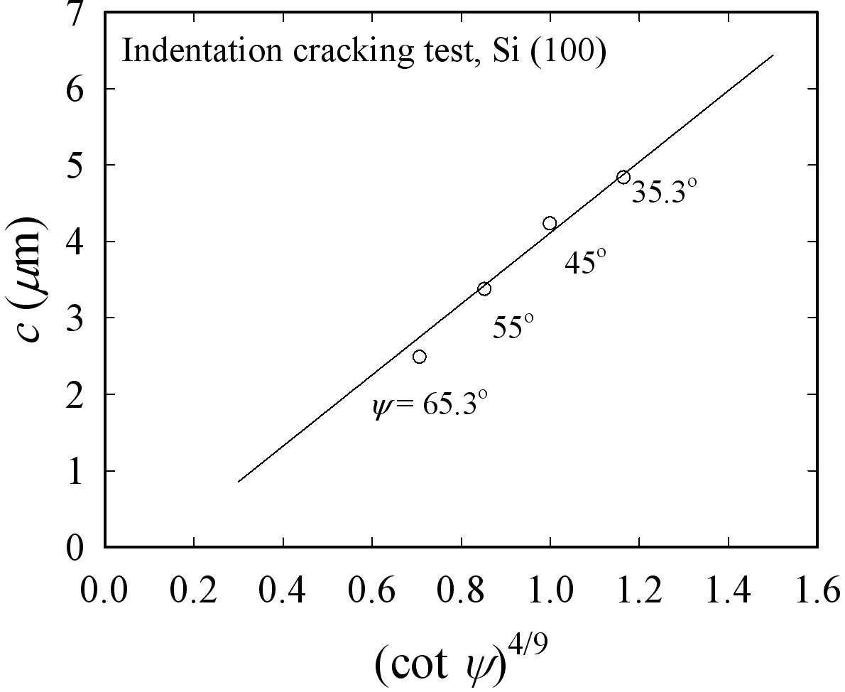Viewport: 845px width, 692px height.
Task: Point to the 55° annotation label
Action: click(x=513, y=326)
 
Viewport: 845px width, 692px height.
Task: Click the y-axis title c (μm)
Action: click(x=26, y=279)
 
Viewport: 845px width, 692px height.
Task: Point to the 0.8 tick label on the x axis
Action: click(x=461, y=590)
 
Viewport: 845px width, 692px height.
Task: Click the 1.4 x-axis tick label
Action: click(x=728, y=590)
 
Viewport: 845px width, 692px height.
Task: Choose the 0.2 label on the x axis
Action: click(x=194, y=590)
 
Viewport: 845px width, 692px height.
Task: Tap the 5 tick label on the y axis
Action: click(x=75, y=165)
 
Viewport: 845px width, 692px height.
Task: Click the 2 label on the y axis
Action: click(x=75, y=394)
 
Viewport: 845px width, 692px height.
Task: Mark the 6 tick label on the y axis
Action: click(x=75, y=88)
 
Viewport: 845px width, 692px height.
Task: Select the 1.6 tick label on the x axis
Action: click(x=817, y=590)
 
